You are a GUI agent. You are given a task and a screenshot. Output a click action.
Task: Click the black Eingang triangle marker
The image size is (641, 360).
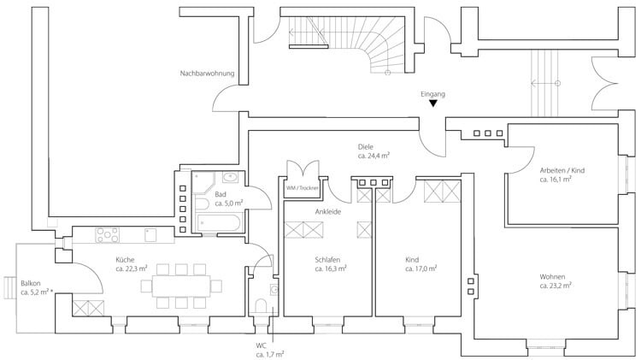point(433,103)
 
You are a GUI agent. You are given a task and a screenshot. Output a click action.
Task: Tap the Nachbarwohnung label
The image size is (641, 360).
point(208,74)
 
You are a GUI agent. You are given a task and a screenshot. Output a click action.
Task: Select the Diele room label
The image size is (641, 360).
point(366,147)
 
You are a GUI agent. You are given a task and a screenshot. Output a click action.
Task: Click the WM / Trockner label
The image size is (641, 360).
point(302,188)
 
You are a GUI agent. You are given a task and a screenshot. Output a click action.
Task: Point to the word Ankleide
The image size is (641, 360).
point(328,212)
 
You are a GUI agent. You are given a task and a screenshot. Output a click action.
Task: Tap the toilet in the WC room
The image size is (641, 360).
point(261,305)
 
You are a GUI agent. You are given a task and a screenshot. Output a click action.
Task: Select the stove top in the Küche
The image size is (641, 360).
point(108,235)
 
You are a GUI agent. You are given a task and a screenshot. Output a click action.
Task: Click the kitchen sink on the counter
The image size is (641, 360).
point(150,235)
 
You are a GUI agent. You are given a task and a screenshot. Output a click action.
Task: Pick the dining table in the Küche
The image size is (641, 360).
point(181,286)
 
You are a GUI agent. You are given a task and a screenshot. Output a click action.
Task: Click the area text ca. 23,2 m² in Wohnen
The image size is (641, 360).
point(556,286)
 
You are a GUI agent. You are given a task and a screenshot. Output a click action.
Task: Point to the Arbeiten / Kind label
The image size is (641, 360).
point(562,170)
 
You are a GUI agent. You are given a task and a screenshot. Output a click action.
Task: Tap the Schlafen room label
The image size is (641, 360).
point(327,260)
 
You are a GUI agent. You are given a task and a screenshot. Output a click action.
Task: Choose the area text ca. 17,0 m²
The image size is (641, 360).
point(421,269)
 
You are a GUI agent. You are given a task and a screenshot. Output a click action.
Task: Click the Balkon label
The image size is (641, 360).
point(31,283)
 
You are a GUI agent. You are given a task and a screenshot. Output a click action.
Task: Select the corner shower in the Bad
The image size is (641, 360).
point(203,183)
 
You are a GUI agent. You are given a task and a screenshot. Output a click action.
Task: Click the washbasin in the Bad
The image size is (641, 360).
point(230,178)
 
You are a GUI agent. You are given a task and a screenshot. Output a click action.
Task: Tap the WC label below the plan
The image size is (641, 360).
point(262,345)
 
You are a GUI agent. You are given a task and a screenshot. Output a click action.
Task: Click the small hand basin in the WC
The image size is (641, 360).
point(273,290)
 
